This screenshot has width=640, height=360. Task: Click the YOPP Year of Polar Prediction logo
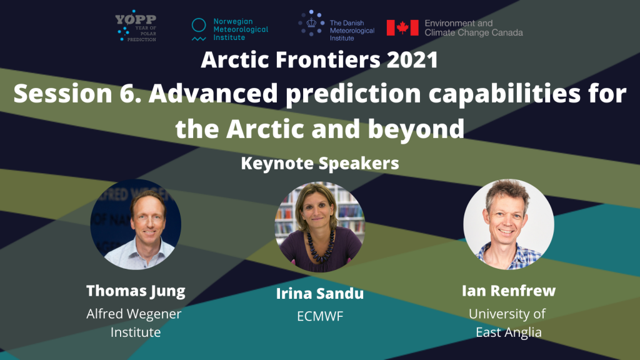point(136,25)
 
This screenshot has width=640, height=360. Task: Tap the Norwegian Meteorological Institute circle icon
point(199,25)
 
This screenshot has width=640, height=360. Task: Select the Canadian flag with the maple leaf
point(402,27)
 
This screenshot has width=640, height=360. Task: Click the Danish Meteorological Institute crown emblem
point(311,23)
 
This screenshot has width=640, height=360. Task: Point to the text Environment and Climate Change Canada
point(474,27)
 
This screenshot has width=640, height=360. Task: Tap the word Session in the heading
point(63,94)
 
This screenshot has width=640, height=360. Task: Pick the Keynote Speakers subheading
point(320,163)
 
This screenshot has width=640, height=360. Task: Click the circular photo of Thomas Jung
point(136,224)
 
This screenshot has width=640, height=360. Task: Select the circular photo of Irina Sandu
point(320,227)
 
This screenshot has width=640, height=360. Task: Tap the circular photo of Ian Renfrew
point(509,224)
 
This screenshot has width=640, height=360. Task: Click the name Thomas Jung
point(136,291)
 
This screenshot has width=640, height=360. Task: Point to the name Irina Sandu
point(320,294)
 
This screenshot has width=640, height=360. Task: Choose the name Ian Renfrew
point(509,291)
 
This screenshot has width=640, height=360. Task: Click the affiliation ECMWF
point(320,316)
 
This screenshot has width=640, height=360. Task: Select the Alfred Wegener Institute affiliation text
point(134,323)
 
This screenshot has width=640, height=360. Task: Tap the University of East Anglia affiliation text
point(507,323)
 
